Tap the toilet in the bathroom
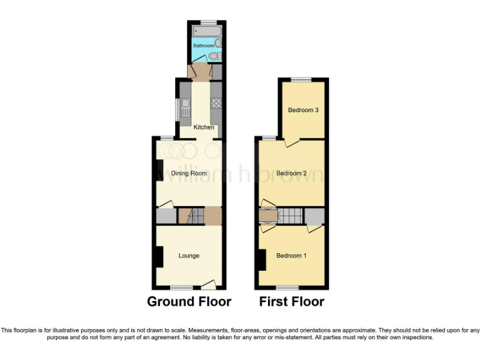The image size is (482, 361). pyautogui.click(x=214, y=56)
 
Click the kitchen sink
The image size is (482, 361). pyautogui.click(x=186, y=107)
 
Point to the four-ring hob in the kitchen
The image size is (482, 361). pyautogui.click(x=216, y=103)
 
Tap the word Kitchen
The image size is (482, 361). pyautogui.click(x=203, y=127)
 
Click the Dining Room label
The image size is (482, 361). pyautogui.click(x=189, y=173)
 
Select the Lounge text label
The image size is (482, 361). pyautogui.click(x=189, y=256)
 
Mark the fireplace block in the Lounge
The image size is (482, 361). pyautogui.click(x=159, y=256)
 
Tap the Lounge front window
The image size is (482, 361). pyautogui.click(x=181, y=288)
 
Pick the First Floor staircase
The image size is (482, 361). pyautogui.click(x=290, y=216)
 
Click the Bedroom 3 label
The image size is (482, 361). pyautogui.click(x=303, y=110)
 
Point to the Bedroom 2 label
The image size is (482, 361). pyautogui.click(x=291, y=173)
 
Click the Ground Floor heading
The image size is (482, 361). pyautogui.click(x=189, y=301)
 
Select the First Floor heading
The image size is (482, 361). pyautogui.click(x=292, y=301)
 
